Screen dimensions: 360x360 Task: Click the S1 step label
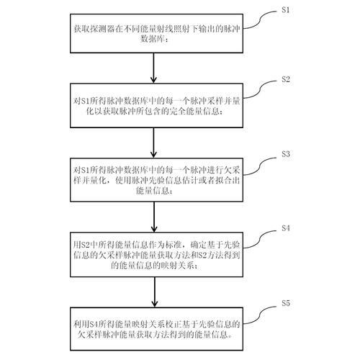[x=286, y=10]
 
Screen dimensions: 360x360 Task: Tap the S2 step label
[x=286, y=79]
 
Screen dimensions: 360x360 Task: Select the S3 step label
[x=286, y=154]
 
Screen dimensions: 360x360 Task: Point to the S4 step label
[x=286, y=228]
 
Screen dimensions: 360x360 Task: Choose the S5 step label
[x=286, y=303]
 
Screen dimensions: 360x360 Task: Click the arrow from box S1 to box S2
[x=153, y=68]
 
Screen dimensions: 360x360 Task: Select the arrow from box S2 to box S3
[x=153, y=143]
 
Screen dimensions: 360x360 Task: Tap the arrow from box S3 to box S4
[x=154, y=217]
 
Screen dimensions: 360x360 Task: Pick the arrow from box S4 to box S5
[x=155, y=292]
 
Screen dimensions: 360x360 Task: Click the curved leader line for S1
[x=260, y=20]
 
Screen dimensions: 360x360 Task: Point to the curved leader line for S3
[x=260, y=166]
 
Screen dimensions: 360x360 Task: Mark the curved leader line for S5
[x=260, y=315]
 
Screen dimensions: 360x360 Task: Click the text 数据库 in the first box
[x=153, y=39]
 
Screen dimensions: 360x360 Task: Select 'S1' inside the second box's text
[x=86, y=102]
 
